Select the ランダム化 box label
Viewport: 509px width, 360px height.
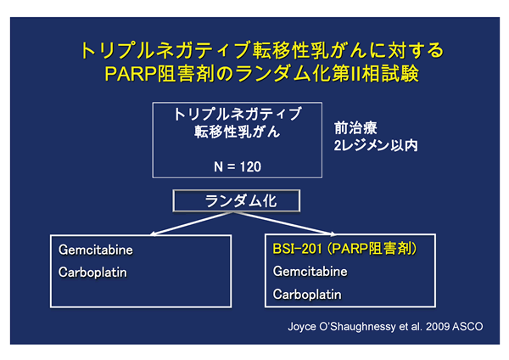point(240,201)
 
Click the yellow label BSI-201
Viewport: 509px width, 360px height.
point(294,251)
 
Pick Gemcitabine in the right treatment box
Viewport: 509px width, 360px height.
point(310,273)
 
